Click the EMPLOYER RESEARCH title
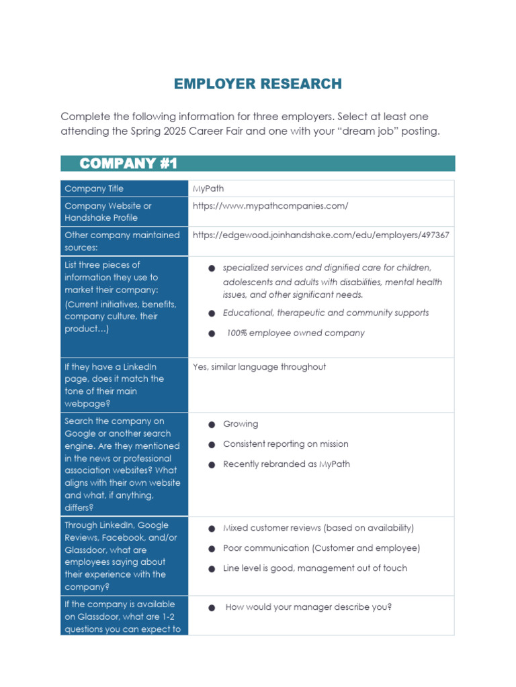coord(257,84)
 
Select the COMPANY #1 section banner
coord(128,164)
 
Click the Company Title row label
coord(94,189)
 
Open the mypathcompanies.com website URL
coord(270,206)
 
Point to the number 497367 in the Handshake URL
coord(435,235)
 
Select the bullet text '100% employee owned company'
coord(296,333)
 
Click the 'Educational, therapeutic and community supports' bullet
coord(325,313)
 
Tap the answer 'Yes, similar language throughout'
coord(259,366)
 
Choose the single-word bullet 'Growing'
coord(241,424)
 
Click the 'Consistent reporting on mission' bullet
coord(286,444)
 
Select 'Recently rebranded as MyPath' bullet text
coord(286,464)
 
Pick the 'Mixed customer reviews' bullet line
coord(318,528)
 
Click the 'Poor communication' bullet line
coord(321,548)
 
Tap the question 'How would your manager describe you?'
coord(308,607)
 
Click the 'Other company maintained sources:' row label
coord(122,241)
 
